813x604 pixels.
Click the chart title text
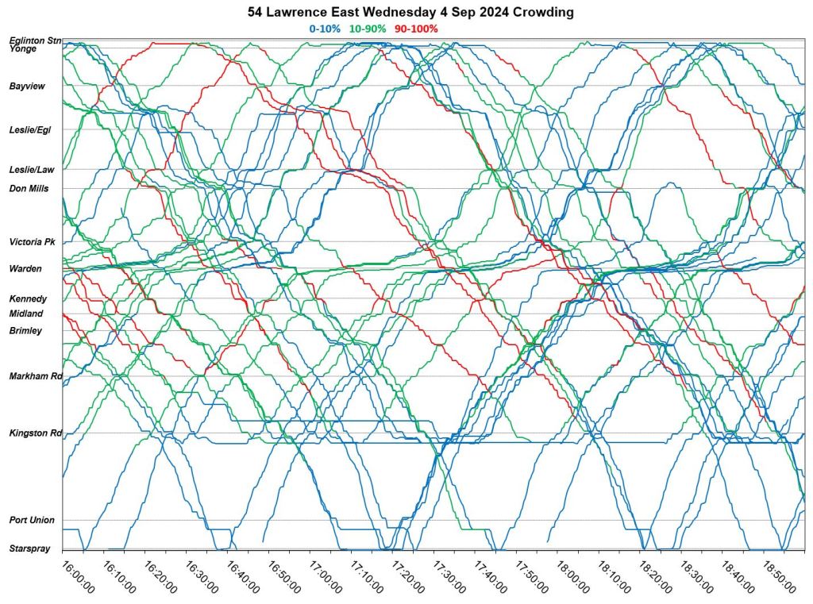click(x=410, y=13)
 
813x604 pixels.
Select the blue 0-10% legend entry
click(x=324, y=29)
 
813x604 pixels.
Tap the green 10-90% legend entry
click(x=368, y=29)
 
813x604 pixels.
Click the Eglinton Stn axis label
click(x=35, y=40)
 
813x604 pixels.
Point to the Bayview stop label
click(x=26, y=86)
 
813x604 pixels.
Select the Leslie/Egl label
click(x=30, y=129)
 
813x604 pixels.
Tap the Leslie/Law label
click(x=31, y=169)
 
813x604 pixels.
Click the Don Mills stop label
click(x=29, y=189)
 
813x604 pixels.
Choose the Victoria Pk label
click(x=32, y=242)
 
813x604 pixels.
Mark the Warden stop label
click(x=25, y=269)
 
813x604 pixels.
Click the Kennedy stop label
click(x=28, y=299)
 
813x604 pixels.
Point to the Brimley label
click(x=25, y=331)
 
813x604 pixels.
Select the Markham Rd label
click(x=35, y=376)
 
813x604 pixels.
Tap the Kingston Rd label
click(x=35, y=433)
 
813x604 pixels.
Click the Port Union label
click(x=32, y=521)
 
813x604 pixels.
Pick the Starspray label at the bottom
click(x=29, y=548)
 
